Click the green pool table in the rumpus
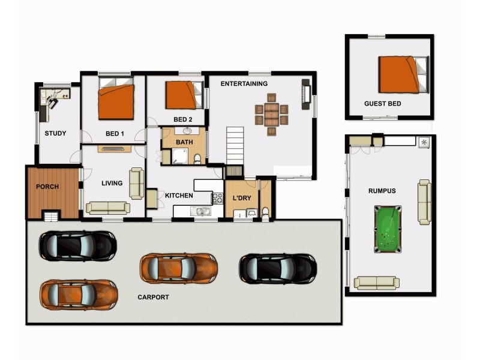coord(388,229)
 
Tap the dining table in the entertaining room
coord(271,114)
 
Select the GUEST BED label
coord(382,104)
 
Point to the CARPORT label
coord(153,297)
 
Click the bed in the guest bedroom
coord(401,74)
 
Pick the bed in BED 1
coord(116,101)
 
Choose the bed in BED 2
coord(182,95)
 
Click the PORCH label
coord(47,187)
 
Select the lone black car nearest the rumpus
coord(278,268)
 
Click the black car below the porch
coord(77,245)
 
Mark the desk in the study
coord(55,95)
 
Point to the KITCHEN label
coord(179,196)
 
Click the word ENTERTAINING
coord(244,83)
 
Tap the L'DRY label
coord(242,198)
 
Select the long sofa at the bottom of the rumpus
coord(377,283)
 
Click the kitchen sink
coord(199,211)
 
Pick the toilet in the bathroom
coord(197,159)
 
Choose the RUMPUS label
coord(382,191)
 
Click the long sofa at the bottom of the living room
coord(108,208)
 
